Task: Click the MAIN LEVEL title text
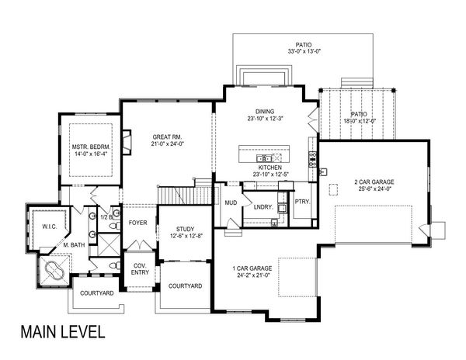click(62, 333)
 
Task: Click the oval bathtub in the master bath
click(54, 271)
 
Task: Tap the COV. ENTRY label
click(140, 268)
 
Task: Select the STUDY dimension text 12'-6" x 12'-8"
click(186, 237)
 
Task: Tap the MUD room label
click(231, 202)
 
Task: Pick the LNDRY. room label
click(262, 207)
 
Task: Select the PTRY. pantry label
click(302, 202)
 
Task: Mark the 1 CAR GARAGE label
click(252, 268)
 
